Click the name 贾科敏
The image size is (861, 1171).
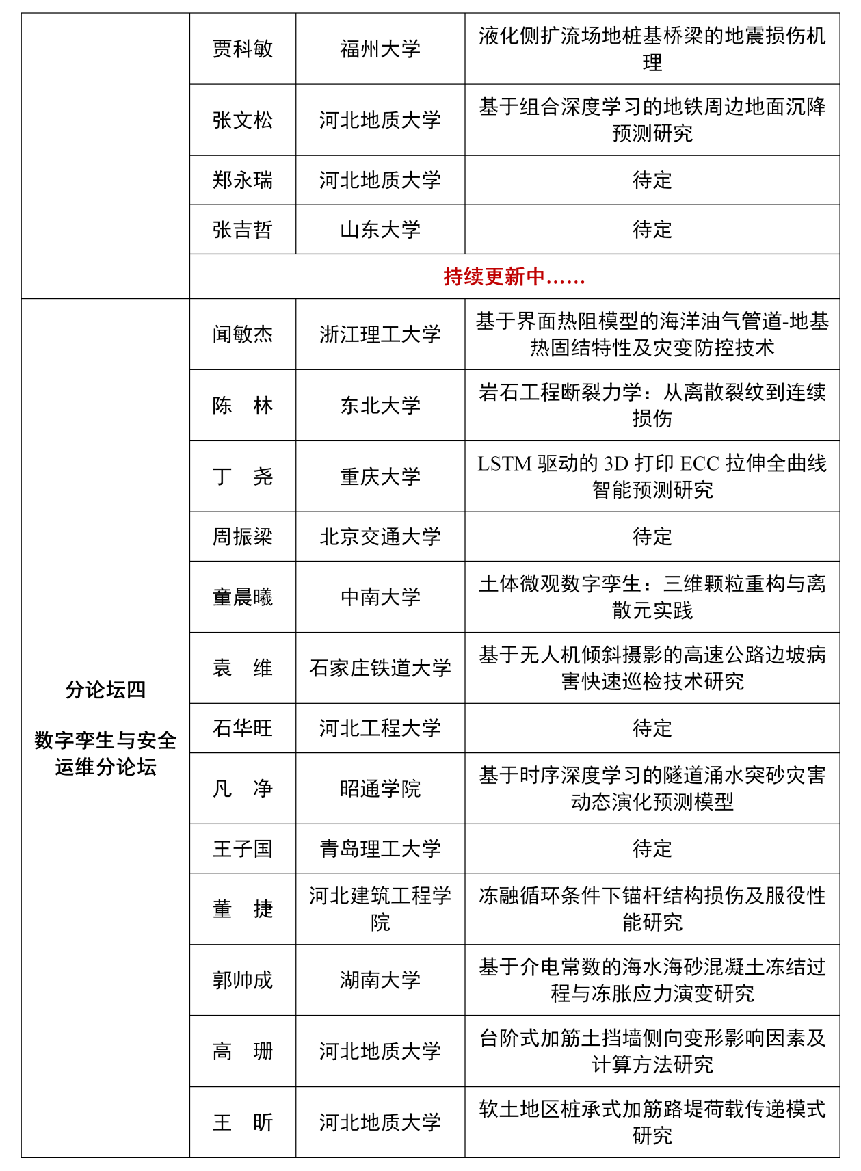pyautogui.click(x=242, y=49)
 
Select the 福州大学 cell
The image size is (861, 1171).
pyautogui.click(x=380, y=49)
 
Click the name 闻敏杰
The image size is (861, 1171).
pyautogui.click(x=242, y=334)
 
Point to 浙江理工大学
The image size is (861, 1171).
pyautogui.click(x=380, y=334)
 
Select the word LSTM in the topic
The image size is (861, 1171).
pyautogui.click(x=504, y=464)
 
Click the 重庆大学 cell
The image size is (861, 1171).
pyautogui.click(x=380, y=477)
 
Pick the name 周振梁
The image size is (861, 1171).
pyautogui.click(x=242, y=537)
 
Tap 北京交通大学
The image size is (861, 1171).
pyautogui.click(x=380, y=537)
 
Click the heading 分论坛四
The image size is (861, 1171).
pyautogui.click(x=105, y=689)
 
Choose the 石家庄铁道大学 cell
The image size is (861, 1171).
pyautogui.click(x=380, y=668)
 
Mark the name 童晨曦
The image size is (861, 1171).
pyautogui.click(x=242, y=597)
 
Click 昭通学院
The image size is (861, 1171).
pyautogui.click(x=380, y=789)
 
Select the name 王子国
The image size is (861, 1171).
pyautogui.click(x=242, y=849)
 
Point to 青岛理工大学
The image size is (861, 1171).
pyautogui.click(x=380, y=849)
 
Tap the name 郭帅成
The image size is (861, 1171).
pyautogui.click(x=242, y=980)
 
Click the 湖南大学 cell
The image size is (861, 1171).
pyautogui.click(x=380, y=980)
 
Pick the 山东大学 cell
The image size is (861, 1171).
pyautogui.click(x=380, y=230)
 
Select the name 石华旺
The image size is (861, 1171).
pyautogui.click(x=242, y=728)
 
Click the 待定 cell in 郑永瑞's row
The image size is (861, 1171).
pyautogui.click(x=652, y=181)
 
